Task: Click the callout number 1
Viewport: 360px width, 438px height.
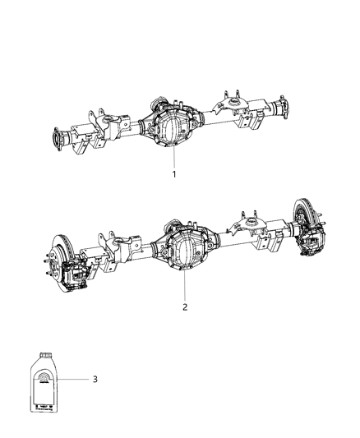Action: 173,174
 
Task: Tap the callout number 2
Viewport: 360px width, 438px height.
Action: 185,307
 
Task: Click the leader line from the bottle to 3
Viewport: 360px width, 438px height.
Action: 76,379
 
